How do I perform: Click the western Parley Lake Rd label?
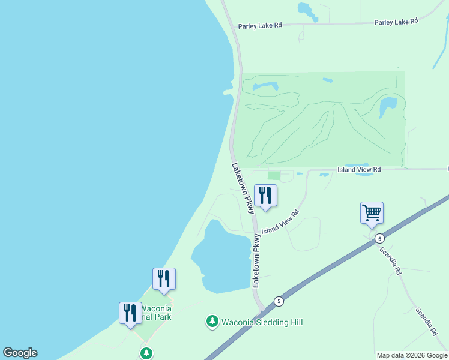tap(259, 26)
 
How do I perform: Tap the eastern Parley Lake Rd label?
tap(396, 22)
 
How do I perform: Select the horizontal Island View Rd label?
tap(359, 170)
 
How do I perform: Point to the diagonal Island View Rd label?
tap(280, 222)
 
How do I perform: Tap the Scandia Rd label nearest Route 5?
tap(390, 260)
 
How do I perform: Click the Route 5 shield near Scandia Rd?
tap(379, 238)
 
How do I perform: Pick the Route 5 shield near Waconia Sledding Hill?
tap(279, 301)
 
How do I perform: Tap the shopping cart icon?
tap(372, 212)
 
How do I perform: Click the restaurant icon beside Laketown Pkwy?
tap(265, 195)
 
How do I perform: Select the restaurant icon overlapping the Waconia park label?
tap(130, 313)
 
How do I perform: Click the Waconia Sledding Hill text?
tap(262, 322)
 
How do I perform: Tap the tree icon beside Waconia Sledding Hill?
tap(212, 322)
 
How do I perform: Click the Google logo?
tap(20, 353)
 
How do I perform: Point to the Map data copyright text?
tap(412, 355)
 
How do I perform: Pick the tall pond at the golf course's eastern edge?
tap(388, 108)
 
